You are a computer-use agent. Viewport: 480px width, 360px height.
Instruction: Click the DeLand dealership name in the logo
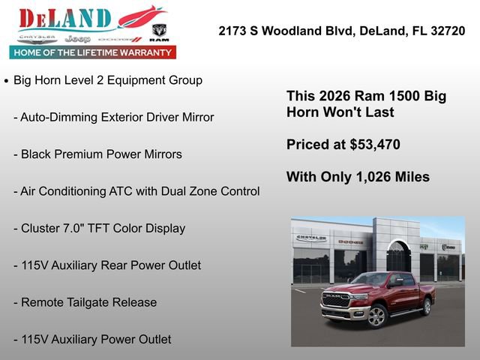65,18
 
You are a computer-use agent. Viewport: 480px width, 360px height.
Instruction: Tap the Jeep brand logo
77,38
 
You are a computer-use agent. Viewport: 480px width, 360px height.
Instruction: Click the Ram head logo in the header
159,31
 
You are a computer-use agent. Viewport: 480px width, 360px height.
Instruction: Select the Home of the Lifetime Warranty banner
93,52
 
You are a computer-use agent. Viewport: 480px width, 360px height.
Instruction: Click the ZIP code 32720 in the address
445,31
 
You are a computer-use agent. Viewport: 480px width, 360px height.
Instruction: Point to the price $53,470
375,145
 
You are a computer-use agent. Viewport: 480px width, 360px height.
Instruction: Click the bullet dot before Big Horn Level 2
7,80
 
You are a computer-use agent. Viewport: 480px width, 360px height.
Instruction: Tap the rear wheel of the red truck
427,306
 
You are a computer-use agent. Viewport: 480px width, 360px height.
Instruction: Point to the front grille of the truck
335,301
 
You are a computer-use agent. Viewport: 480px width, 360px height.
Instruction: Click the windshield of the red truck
370,279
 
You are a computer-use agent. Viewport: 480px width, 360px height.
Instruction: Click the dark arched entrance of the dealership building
398,258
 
